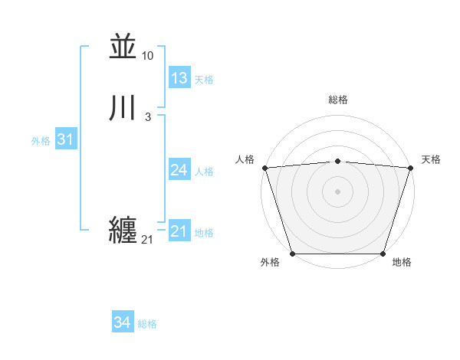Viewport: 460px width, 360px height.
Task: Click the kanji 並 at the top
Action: pos(122,47)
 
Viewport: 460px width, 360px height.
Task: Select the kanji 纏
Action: pos(123,231)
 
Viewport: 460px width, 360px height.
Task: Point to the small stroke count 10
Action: pos(148,56)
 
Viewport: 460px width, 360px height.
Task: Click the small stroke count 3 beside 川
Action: pos(148,117)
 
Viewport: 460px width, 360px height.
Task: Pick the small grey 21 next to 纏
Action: pos(147,240)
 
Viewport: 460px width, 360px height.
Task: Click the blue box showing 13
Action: pos(179,77)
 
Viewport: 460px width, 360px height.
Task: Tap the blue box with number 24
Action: pos(179,170)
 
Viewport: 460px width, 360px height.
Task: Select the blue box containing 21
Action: pos(179,231)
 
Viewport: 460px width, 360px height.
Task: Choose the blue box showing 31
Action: pos(66,139)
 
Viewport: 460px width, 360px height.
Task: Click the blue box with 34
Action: pos(122,322)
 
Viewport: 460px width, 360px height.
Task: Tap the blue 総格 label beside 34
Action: pos(147,325)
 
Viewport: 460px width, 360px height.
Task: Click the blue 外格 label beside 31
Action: pos(41,141)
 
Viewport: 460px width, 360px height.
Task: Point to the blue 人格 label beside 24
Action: pos(205,172)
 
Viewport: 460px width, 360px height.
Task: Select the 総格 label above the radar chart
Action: pos(338,100)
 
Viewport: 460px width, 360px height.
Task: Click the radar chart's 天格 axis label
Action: pos(431,159)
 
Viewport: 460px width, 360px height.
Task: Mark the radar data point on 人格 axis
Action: pos(264,168)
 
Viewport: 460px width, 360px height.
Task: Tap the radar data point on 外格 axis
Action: pos(293,254)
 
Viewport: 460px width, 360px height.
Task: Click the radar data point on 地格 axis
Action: pos(383,254)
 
